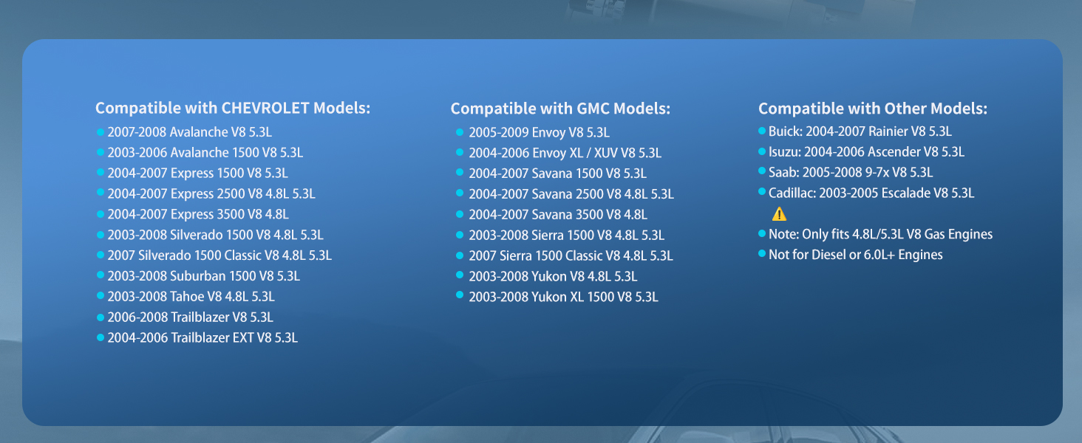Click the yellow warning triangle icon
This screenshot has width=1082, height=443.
coord(779,214)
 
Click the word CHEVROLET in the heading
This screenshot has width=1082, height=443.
coord(265,108)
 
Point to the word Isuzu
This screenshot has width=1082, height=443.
coord(784,152)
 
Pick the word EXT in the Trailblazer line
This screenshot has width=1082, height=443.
coord(243,338)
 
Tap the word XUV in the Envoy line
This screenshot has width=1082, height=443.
coord(606,153)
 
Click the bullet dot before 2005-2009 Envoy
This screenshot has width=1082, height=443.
coord(460,131)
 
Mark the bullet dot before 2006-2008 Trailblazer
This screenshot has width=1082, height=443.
coord(101,317)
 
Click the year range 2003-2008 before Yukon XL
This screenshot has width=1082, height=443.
coord(498,297)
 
